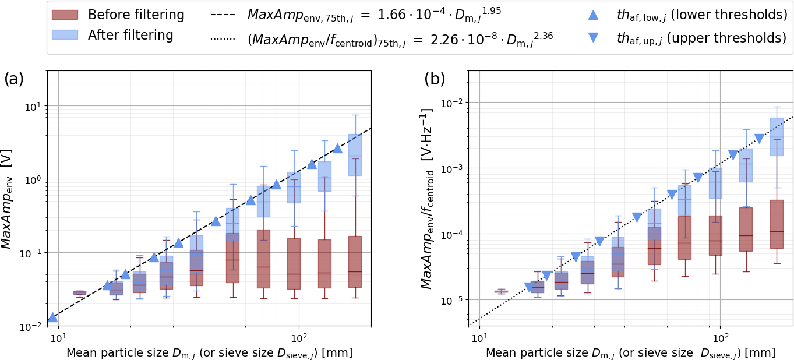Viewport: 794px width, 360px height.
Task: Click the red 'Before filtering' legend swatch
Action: click(65, 15)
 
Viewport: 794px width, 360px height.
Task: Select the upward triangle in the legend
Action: click(594, 15)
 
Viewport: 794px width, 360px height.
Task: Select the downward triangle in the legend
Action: click(594, 38)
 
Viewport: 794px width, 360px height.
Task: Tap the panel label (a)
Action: click(14, 79)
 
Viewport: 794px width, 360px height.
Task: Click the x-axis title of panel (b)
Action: click(630, 353)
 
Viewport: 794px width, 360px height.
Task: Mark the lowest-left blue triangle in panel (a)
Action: click(52, 317)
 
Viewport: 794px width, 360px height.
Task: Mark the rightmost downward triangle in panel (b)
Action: click(759, 139)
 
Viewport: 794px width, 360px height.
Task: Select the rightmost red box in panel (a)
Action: click(355, 262)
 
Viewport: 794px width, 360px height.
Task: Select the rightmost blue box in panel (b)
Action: click(777, 136)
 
